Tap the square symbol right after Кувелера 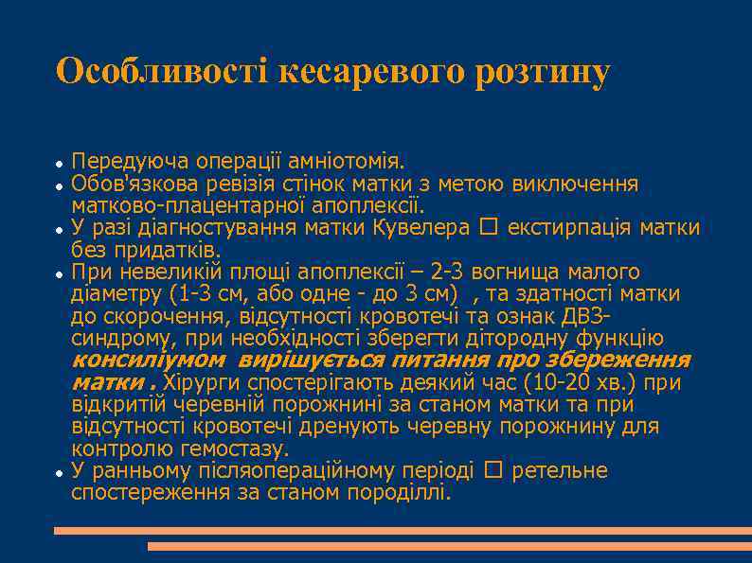487,228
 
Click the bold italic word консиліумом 149,361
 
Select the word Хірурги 202,383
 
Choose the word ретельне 559,471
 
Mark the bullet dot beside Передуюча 59,163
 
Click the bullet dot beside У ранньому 59,472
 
